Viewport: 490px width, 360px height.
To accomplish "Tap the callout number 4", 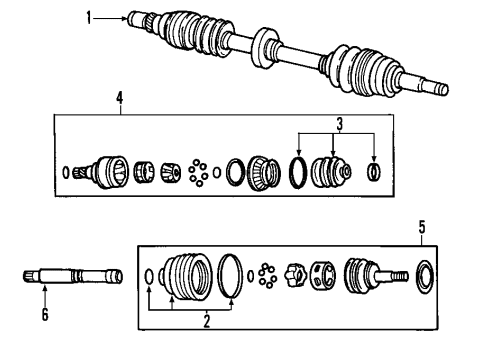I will [119, 98].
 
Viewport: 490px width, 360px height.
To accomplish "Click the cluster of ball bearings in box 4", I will [200, 172].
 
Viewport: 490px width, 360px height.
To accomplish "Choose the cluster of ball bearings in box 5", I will [267, 274].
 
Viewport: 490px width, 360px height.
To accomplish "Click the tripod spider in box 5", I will [296, 274].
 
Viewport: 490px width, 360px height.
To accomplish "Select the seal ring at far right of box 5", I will [424, 273].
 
